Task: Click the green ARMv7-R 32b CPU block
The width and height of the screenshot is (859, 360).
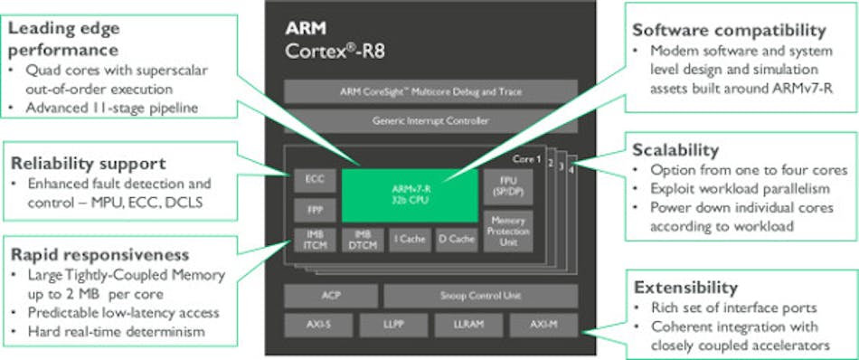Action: click(x=411, y=194)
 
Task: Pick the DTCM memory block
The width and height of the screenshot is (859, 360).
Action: click(x=362, y=240)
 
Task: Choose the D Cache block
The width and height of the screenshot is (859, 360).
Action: click(x=457, y=240)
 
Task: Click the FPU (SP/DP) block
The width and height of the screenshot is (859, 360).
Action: click(x=508, y=185)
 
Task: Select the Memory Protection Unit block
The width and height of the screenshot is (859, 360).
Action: click(x=508, y=230)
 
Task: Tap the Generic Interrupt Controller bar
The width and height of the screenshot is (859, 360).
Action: click(x=429, y=120)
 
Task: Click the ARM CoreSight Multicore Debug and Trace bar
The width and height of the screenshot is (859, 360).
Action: click(x=429, y=91)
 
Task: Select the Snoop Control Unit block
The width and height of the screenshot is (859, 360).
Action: click(x=479, y=296)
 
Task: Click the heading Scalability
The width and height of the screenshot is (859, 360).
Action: click(x=676, y=149)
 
